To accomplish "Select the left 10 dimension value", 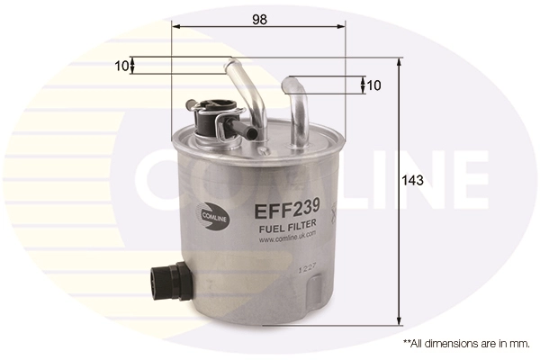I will coord(121,65).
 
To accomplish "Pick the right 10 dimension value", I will coord(373,85).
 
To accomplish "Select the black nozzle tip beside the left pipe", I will coord(251,135).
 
